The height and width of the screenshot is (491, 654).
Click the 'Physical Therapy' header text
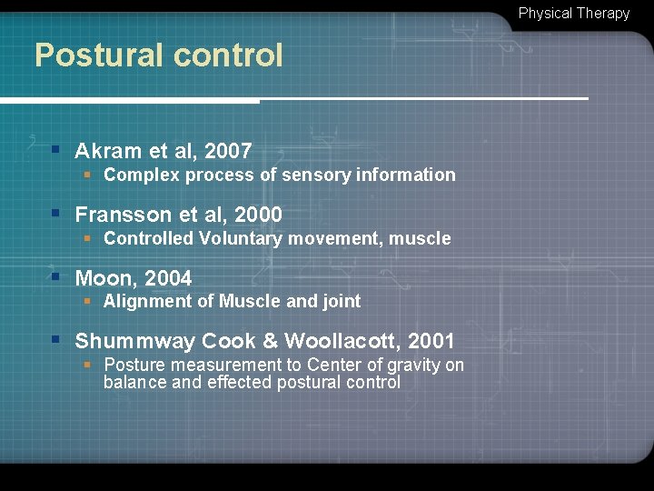click(x=574, y=14)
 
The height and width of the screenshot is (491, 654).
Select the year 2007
click(x=228, y=151)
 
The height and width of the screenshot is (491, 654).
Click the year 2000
click(x=258, y=215)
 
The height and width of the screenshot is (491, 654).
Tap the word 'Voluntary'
click(x=239, y=239)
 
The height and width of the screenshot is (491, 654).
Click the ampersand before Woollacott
click(x=270, y=342)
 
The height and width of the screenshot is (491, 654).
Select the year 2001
click(x=431, y=342)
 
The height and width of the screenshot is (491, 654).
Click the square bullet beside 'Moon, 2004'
click(x=55, y=276)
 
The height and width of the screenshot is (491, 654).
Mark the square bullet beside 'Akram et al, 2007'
click(x=55, y=149)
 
